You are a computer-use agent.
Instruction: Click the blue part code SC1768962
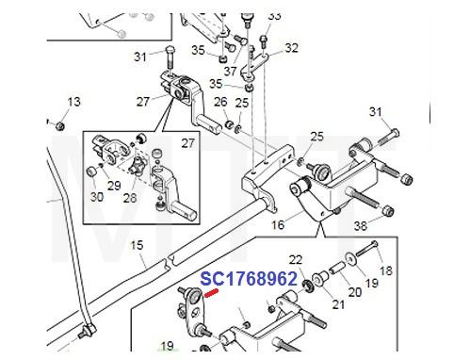click(248, 279)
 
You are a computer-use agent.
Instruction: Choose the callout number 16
click(278, 226)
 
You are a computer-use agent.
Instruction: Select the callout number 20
click(354, 292)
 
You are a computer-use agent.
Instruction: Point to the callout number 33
click(274, 16)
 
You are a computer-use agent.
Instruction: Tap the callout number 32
click(291, 48)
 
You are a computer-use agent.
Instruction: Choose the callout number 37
click(231, 72)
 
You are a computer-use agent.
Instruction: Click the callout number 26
click(220, 102)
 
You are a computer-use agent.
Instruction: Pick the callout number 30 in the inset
click(96, 196)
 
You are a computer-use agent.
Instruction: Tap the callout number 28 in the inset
click(129, 199)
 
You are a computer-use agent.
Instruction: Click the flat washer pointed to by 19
click(349, 257)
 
